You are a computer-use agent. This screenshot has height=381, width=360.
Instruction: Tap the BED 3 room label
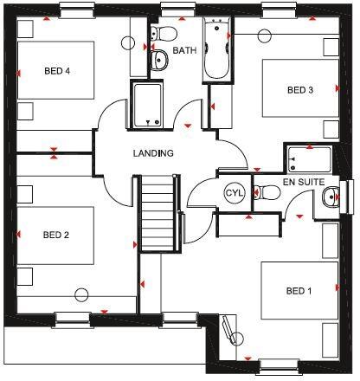[x=299, y=88]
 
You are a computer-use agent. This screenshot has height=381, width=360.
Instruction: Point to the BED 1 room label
[x=298, y=291]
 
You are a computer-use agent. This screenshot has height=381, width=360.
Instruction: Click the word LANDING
[x=153, y=153]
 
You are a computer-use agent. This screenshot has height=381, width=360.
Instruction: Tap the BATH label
[x=184, y=50]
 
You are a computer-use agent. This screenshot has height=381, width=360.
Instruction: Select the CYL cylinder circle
[x=235, y=193]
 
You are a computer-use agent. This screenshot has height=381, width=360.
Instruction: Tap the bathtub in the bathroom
[x=215, y=50]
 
